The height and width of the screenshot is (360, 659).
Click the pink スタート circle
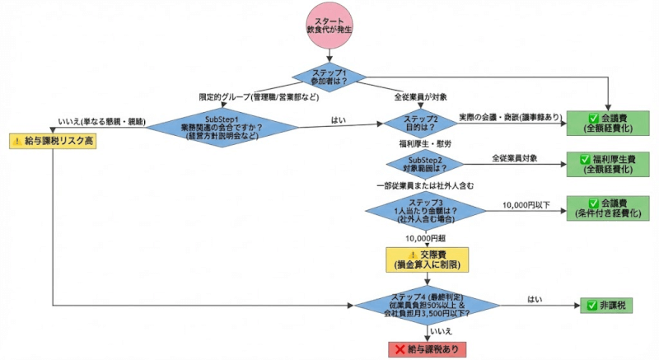tap(331, 25)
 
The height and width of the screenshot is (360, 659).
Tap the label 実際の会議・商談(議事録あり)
tap(510, 117)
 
